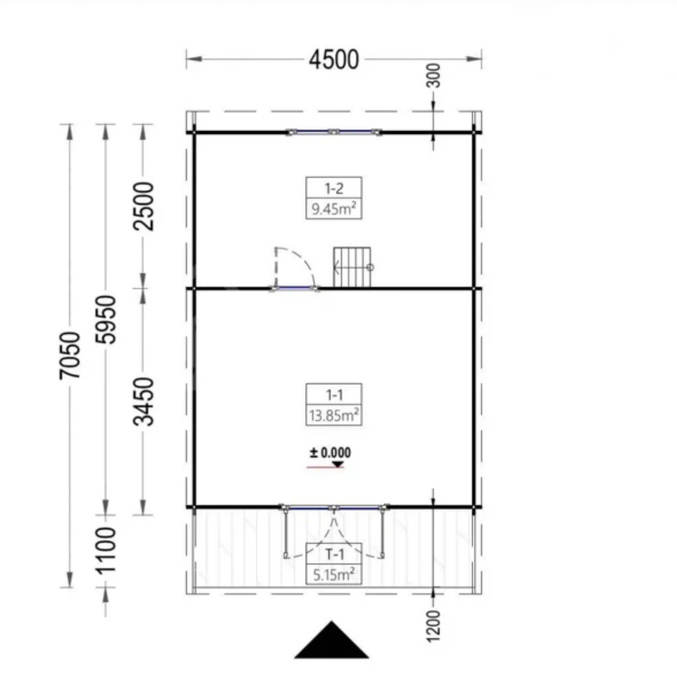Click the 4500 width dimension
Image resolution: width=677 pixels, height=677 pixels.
[334, 60]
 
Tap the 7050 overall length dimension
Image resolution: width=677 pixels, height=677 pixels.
[69, 355]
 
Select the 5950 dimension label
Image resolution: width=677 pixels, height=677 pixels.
[105, 320]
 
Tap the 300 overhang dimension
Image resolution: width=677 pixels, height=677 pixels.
[433, 75]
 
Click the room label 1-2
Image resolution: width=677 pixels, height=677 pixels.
[334, 189]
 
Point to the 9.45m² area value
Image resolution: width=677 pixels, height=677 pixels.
[334, 209]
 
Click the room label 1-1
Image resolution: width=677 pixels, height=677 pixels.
[334, 395]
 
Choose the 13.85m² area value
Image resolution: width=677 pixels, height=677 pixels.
[334, 416]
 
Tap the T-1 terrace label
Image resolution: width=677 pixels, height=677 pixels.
[335, 554]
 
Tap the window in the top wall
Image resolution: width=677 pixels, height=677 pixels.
[334, 132]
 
